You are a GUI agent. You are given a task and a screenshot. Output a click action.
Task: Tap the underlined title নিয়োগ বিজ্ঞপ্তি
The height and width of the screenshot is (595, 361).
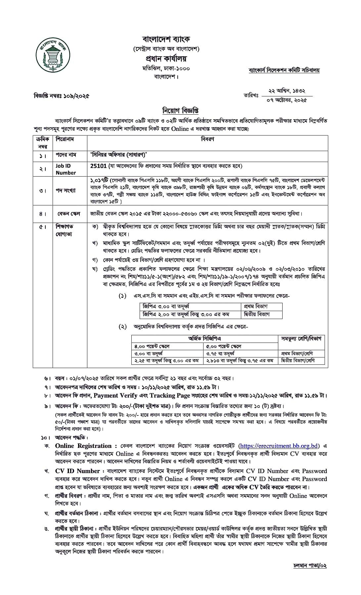(x=180, y=110)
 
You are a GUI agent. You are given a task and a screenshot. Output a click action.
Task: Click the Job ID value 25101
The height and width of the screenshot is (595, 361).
(x=97, y=166)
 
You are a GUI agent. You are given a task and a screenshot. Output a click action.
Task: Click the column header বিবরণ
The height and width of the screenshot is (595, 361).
(x=207, y=139)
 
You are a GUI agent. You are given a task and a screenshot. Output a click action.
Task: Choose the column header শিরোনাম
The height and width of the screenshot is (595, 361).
(x=65, y=139)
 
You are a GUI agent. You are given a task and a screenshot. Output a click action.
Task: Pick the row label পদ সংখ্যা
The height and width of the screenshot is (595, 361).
(x=66, y=190)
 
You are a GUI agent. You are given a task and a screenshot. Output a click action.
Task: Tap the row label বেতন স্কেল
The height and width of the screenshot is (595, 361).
(x=69, y=214)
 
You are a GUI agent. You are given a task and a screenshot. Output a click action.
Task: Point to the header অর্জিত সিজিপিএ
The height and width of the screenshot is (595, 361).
(x=204, y=338)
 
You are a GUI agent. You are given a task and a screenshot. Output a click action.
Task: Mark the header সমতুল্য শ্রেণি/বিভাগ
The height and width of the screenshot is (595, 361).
(x=301, y=338)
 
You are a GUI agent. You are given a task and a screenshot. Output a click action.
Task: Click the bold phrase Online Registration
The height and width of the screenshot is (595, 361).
(x=83, y=446)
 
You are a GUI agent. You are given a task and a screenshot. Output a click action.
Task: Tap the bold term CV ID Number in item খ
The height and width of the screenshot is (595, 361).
(x=77, y=471)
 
